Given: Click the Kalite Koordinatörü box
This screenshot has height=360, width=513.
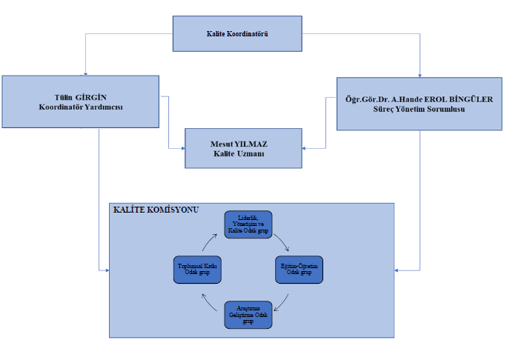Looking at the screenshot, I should [x=238, y=35].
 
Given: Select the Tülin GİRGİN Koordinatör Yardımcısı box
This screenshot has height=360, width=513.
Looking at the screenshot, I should [x=79, y=101].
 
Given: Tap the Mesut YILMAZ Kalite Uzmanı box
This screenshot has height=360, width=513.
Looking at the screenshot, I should [x=244, y=147].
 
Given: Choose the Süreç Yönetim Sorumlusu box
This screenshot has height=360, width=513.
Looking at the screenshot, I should [x=420, y=104].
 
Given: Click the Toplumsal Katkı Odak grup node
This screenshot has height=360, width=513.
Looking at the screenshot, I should [x=196, y=268].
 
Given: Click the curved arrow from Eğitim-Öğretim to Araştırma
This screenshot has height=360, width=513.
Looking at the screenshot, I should [x=282, y=297].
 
